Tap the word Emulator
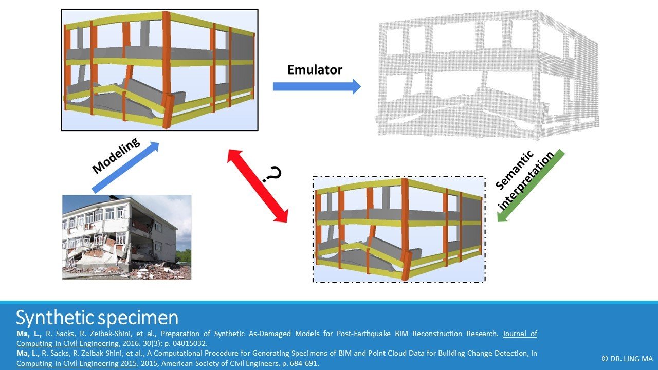click(315, 69)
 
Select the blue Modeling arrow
click(125, 168)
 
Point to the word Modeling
click(116, 156)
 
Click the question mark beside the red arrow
click(272, 175)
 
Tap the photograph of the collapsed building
click(126, 237)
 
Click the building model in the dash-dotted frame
click(399, 229)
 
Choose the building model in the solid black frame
click(159, 70)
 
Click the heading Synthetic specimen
click(97, 318)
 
